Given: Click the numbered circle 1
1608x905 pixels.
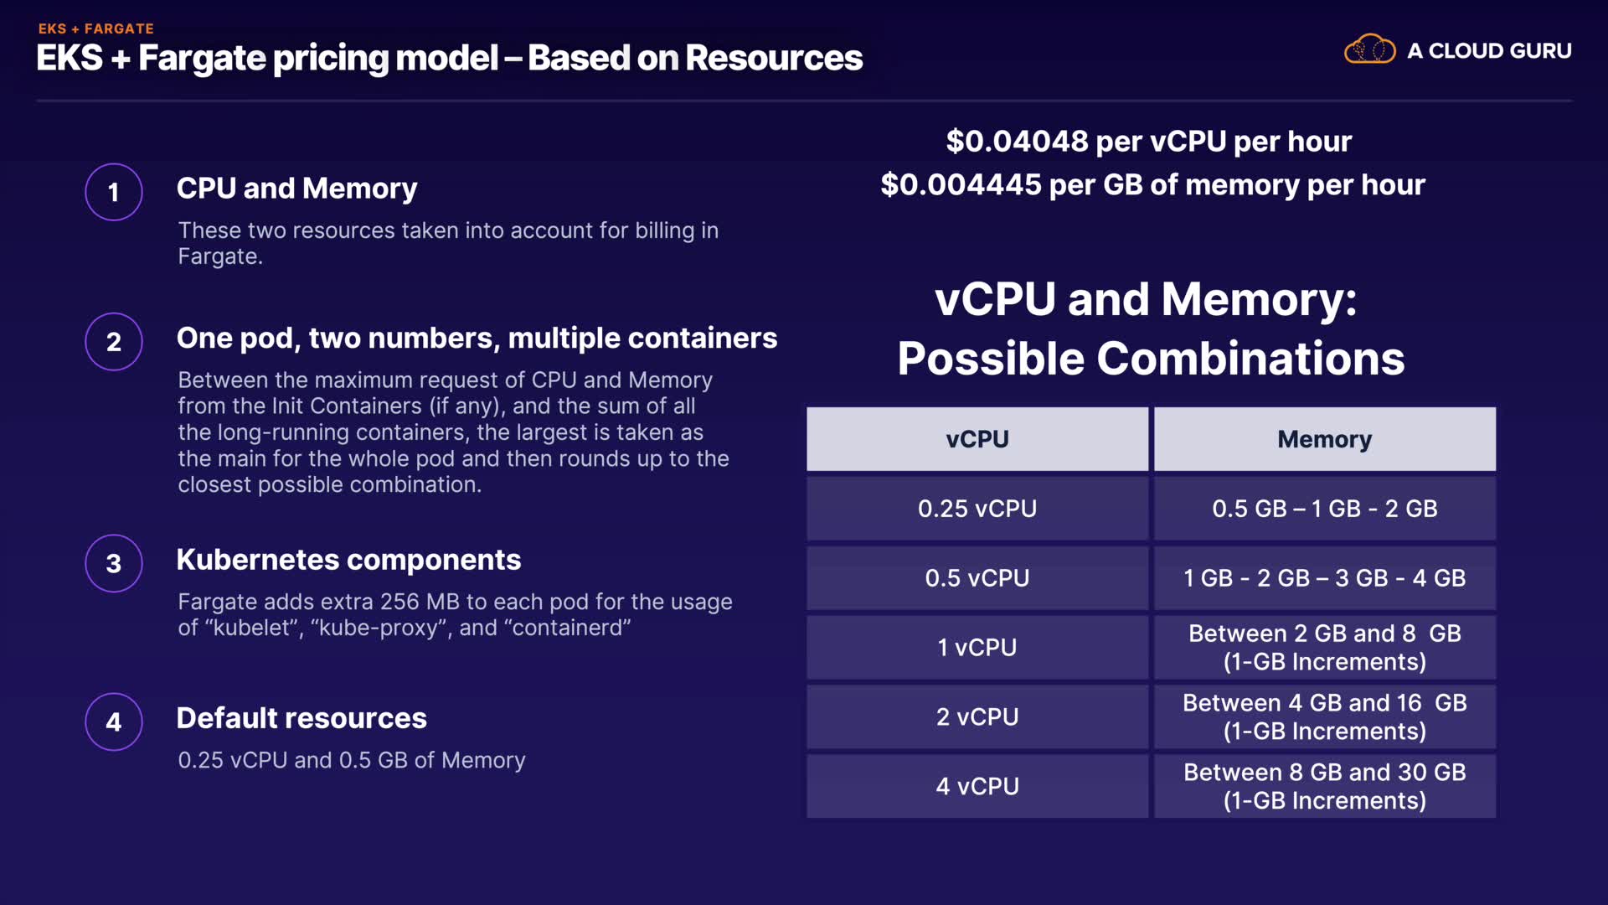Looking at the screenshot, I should [x=114, y=192].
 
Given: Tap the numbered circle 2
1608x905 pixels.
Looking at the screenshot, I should [x=114, y=341].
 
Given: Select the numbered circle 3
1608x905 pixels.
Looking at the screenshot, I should [x=114, y=563].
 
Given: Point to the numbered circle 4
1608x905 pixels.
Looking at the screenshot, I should [x=114, y=721].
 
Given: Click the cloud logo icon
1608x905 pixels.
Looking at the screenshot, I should [x=1369, y=49].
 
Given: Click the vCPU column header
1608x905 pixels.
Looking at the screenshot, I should [x=977, y=439].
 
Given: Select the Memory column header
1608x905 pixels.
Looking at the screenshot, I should [x=1324, y=439].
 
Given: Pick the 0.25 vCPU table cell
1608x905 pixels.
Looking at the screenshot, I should [x=977, y=509].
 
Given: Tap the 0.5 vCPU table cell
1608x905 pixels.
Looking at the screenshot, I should [x=977, y=578].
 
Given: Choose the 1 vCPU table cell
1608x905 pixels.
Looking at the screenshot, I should [x=977, y=648].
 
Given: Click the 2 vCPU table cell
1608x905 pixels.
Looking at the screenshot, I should [x=977, y=717].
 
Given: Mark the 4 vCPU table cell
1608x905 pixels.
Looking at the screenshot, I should [x=977, y=787].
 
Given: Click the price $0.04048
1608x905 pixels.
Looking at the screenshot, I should [x=1017, y=142].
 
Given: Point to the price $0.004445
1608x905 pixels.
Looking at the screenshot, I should [x=961, y=185].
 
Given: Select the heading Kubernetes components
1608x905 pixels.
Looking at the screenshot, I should [x=348, y=560].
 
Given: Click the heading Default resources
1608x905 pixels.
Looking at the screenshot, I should [x=301, y=718].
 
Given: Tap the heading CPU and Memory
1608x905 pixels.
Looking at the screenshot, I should [x=296, y=189].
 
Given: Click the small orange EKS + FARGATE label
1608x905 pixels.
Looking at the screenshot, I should [x=95, y=28].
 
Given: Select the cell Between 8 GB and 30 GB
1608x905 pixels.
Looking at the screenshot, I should [x=1324, y=786].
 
